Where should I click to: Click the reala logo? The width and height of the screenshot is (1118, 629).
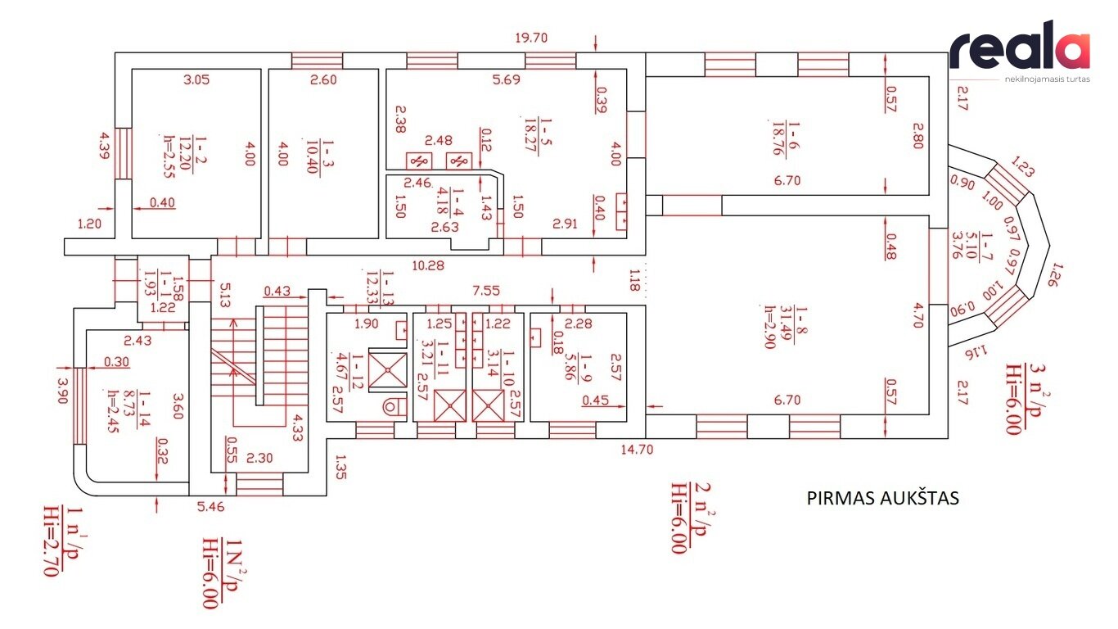tap(1020, 51)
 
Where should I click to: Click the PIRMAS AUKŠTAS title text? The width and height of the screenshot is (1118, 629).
tap(882, 499)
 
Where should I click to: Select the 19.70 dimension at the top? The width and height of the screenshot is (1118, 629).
tap(531, 38)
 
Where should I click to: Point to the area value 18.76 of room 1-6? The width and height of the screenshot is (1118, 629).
tap(778, 138)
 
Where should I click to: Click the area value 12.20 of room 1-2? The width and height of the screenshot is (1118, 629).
tap(185, 154)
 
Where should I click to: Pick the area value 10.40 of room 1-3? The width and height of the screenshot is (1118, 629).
tap(313, 156)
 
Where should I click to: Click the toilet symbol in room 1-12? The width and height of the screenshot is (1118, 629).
tap(394, 406)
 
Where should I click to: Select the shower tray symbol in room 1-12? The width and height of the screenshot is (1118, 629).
tap(388, 371)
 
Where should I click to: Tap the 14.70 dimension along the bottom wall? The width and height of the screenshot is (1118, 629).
tap(637, 450)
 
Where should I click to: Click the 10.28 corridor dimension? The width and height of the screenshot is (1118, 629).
tap(428, 266)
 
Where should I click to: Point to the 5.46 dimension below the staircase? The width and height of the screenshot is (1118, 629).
tap(210, 507)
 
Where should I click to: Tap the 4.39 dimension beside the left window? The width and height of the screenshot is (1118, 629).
tap(104, 146)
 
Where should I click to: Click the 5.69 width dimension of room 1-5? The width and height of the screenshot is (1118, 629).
tap(506, 79)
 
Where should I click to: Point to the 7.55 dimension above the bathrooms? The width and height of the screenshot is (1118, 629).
tap(485, 291)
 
